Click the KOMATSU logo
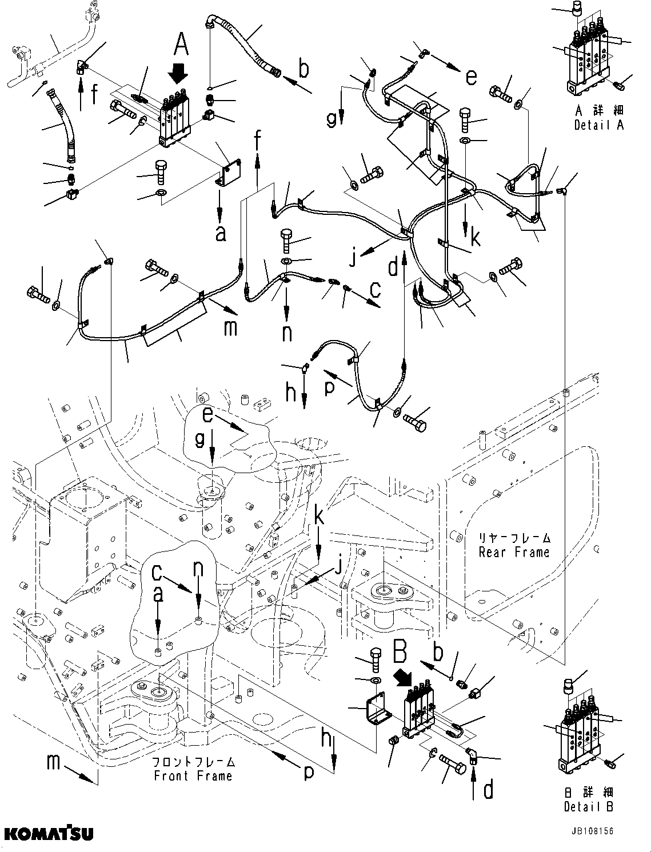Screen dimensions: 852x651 coord(47,834)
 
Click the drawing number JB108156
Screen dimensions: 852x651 coord(591,831)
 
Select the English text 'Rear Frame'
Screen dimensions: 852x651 coord(514,552)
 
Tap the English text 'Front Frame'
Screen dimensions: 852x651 coord(193,775)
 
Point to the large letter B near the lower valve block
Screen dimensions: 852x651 coord(401,651)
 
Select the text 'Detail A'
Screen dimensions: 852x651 coord(598,125)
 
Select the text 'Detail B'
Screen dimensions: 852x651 coord(588,807)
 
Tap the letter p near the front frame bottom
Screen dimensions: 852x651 coord(309,773)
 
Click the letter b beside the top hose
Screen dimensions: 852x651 coord(303,69)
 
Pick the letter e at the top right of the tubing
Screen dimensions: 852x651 coord(470,77)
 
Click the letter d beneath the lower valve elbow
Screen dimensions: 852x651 coord(489,790)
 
